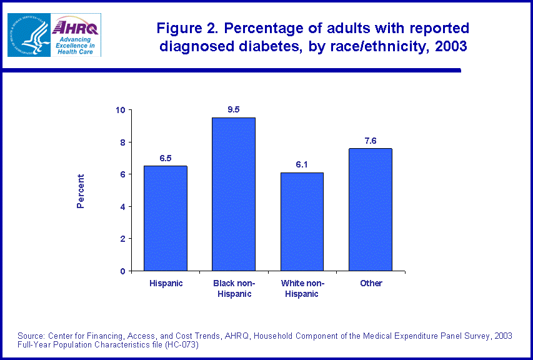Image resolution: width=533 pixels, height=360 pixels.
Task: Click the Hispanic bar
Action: [166, 218]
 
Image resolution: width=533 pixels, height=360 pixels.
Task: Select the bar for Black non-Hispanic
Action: [234, 194]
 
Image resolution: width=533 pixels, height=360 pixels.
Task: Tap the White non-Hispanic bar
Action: [302, 221]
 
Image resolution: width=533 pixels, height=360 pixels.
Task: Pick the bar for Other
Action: [371, 209]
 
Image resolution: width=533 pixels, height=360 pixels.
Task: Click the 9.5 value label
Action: [234, 110]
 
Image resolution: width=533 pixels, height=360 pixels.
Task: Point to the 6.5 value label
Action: [166, 158]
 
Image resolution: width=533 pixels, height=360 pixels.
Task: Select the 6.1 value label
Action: [302, 164]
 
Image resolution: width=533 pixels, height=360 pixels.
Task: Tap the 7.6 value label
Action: [371, 141]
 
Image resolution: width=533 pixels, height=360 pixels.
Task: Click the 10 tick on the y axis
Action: [121, 110]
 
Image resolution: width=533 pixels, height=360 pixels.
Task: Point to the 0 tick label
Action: [123, 271]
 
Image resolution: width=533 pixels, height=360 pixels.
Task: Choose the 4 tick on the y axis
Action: [123, 207]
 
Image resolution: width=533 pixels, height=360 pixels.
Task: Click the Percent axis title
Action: [81, 191]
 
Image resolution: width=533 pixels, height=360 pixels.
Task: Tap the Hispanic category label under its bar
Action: [166, 283]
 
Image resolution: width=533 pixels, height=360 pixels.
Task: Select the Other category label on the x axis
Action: [371, 283]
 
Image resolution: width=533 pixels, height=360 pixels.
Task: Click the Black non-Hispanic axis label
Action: [234, 288]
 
